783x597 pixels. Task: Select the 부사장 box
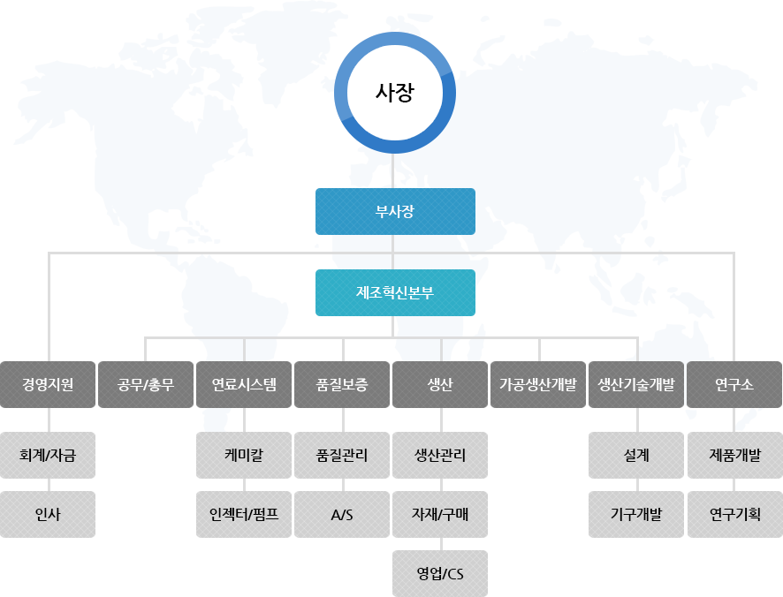point(395,211)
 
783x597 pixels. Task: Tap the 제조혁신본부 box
point(395,292)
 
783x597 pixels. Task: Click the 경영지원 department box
point(48,384)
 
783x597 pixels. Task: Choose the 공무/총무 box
point(145,384)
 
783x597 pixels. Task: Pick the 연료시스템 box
point(244,384)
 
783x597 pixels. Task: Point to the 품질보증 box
point(341,384)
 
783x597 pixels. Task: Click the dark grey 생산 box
point(440,384)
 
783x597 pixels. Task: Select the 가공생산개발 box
point(538,384)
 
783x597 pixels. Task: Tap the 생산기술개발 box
point(636,384)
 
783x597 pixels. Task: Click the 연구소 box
point(734,384)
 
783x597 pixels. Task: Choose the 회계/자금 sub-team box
point(48,455)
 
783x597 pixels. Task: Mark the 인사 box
point(48,514)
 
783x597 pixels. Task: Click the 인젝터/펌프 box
point(244,514)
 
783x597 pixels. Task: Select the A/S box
point(341,514)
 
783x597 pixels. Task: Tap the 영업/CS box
point(440,573)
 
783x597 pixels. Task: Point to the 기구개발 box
point(636,514)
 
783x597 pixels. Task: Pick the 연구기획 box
point(735,514)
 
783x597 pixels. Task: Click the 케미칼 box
point(244,455)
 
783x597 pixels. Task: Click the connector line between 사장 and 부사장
point(393,170)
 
